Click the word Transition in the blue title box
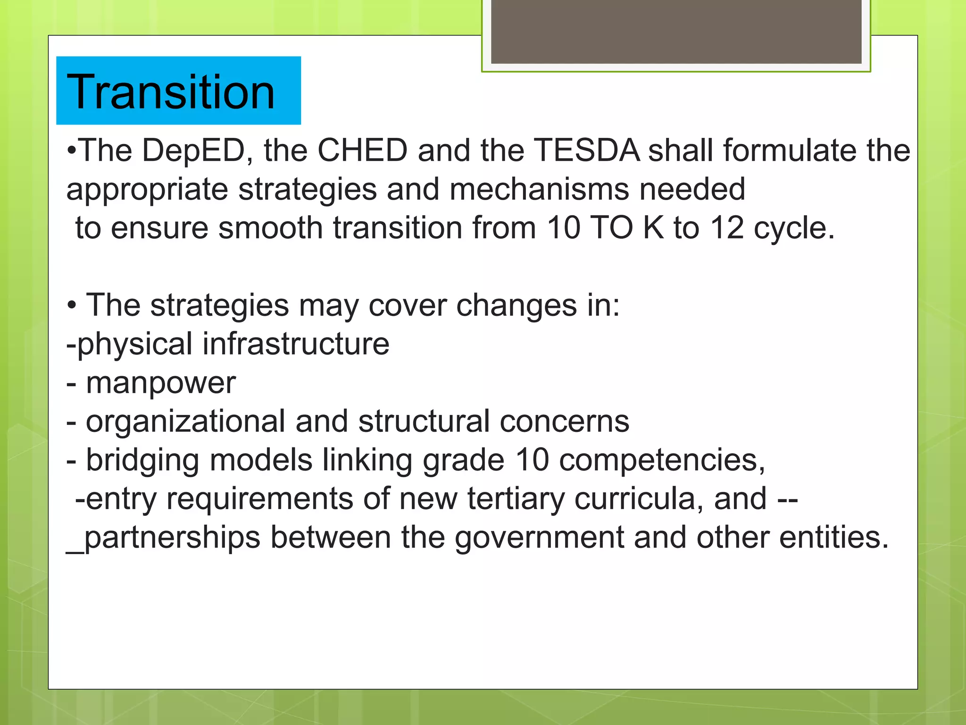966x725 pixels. click(x=171, y=92)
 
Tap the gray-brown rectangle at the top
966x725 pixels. click(x=676, y=31)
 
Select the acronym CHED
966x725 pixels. click(x=362, y=151)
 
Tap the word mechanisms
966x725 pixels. click(x=539, y=189)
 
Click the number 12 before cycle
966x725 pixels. click(x=727, y=228)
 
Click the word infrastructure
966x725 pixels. click(x=296, y=344)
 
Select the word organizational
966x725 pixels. click(x=185, y=422)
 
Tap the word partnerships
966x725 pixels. click(x=172, y=538)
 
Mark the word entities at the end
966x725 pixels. click(x=833, y=537)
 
